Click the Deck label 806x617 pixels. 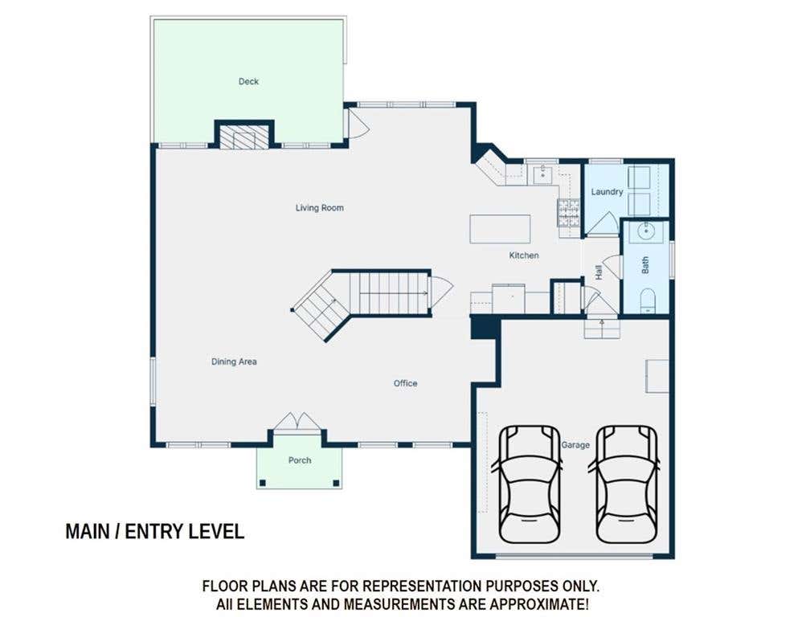(x=248, y=81)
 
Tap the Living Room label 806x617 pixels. (x=319, y=207)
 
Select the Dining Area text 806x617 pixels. (x=234, y=362)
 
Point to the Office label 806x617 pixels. (x=405, y=383)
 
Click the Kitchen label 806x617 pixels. (x=524, y=255)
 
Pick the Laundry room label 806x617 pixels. (x=607, y=192)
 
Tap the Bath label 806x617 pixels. (x=645, y=265)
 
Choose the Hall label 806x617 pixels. (x=599, y=272)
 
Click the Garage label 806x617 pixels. (x=575, y=445)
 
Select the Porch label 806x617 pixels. (x=300, y=460)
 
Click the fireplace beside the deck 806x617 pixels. (x=244, y=136)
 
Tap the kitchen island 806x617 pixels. (x=500, y=229)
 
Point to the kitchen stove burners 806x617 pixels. (x=568, y=213)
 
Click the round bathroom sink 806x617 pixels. (x=646, y=232)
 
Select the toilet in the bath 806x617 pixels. (x=648, y=300)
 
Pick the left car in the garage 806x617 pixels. (x=529, y=484)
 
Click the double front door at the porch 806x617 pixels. (x=297, y=420)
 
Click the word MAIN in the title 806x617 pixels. (x=88, y=531)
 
